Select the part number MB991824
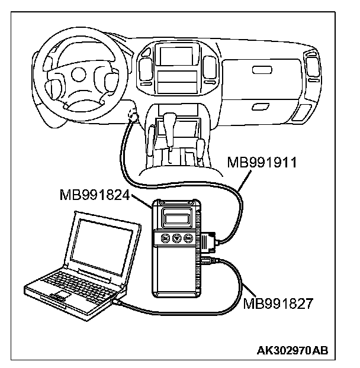[96, 194]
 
